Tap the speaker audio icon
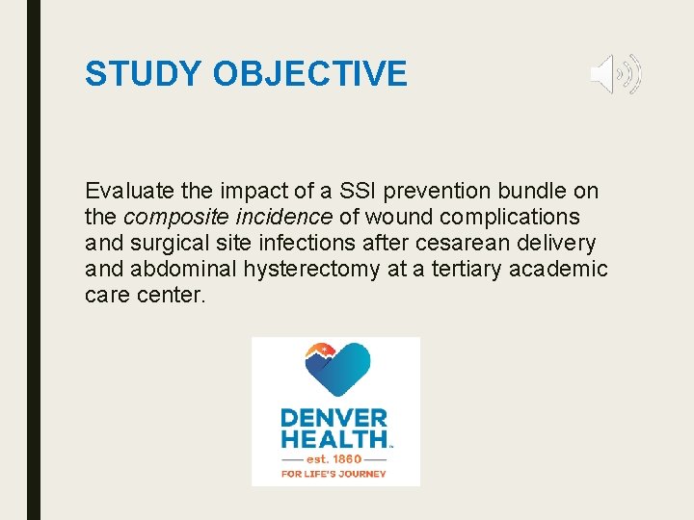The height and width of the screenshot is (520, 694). tap(615, 74)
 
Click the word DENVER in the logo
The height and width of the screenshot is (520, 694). tap(334, 419)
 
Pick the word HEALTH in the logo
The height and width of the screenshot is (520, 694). tap(334, 440)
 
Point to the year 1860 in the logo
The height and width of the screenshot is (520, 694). tap(350, 458)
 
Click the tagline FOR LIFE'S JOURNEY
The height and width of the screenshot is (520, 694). tap(334, 474)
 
